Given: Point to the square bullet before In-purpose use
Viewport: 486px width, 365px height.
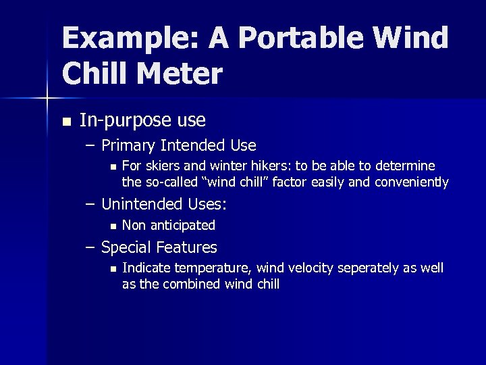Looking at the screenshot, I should point(65,122).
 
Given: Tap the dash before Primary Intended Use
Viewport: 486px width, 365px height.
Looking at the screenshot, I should point(90,145).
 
